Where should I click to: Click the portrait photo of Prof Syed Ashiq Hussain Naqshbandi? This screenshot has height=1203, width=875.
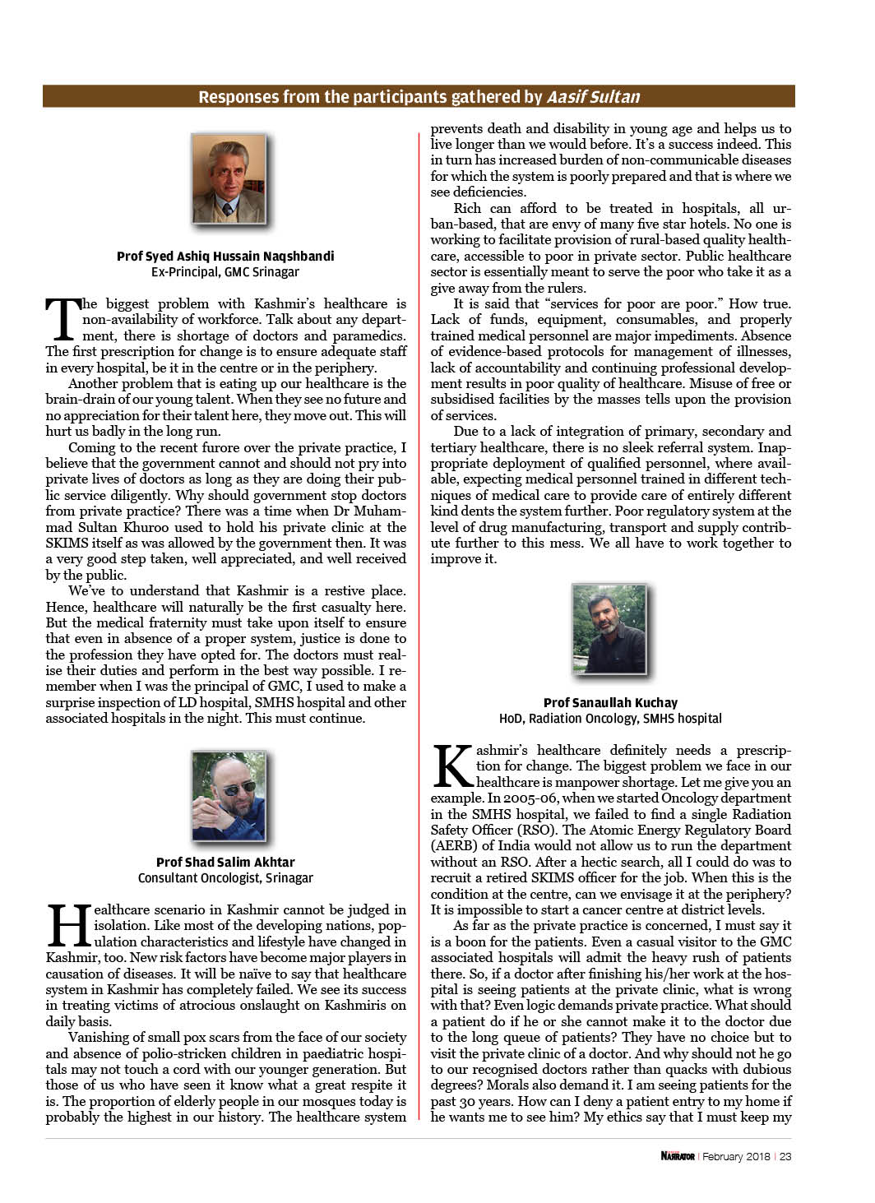coord(229,179)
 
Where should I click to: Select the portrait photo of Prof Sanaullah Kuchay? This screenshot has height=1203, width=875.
coord(609,629)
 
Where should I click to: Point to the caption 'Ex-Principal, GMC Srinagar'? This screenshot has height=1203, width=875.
coord(225,271)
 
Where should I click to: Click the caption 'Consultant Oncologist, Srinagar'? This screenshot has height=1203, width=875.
coord(225,877)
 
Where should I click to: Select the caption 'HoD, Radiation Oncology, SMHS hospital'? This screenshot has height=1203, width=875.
coord(610,718)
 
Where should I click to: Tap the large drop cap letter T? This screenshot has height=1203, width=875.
coord(62,320)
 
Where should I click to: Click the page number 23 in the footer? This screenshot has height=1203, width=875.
coord(785,1156)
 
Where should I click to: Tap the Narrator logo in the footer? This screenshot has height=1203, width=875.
coord(678,1156)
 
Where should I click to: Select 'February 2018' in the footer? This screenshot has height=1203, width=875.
coord(736,1156)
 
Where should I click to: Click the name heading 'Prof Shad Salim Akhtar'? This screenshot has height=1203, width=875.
coord(225,862)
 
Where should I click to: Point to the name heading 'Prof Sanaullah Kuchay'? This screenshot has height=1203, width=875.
coord(610,702)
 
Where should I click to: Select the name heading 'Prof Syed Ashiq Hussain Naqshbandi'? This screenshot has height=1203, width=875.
coord(225,256)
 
